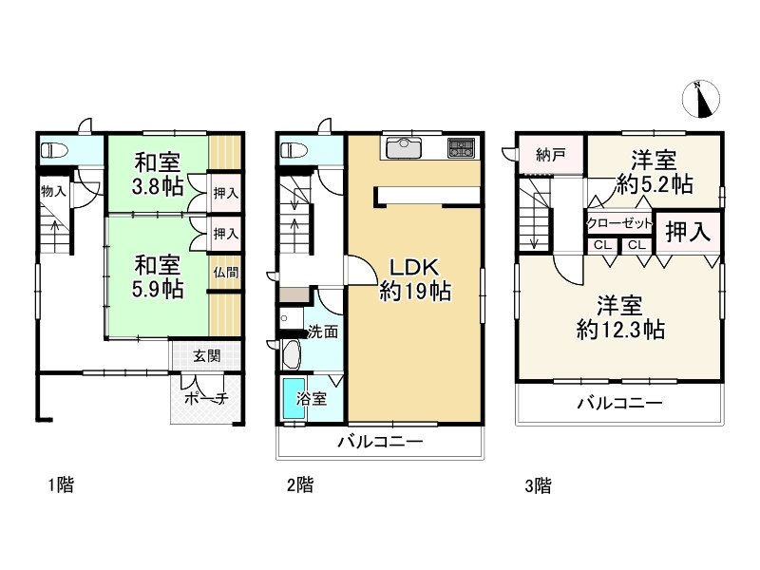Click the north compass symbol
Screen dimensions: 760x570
pyautogui.click(x=701, y=99)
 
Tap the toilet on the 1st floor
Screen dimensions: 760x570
pyautogui.click(x=54, y=150)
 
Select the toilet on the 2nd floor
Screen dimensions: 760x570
pyautogui.click(x=294, y=150)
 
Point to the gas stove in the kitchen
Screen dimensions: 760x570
pyautogui.click(x=462, y=147)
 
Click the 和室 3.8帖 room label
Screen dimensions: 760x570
pyautogui.click(x=158, y=174)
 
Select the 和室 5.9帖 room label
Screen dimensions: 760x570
pyautogui.click(x=158, y=276)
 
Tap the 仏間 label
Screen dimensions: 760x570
pyautogui.click(x=226, y=273)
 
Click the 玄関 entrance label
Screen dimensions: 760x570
pyautogui.click(x=207, y=356)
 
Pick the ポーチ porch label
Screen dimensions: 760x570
pyautogui.click(x=206, y=398)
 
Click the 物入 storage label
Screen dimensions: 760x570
pyautogui.click(x=53, y=191)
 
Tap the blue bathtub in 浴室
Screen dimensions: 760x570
pyautogui.click(x=294, y=398)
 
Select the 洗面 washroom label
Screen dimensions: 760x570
pyautogui.click(x=323, y=332)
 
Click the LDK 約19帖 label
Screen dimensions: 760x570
pyautogui.click(x=415, y=279)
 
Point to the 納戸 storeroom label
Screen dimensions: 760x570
pyautogui.click(x=551, y=155)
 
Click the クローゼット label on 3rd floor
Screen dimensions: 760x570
pyautogui.click(x=619, y=224)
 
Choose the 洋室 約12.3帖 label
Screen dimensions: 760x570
pyautogui.click(x=620, y=318)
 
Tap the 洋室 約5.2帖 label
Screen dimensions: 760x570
pyautogui.click(x=655, y=172)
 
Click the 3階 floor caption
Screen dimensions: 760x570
pyautogui.click(x=538, y=485)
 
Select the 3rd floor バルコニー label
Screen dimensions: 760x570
pyautogui.click(x=619, y=403)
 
